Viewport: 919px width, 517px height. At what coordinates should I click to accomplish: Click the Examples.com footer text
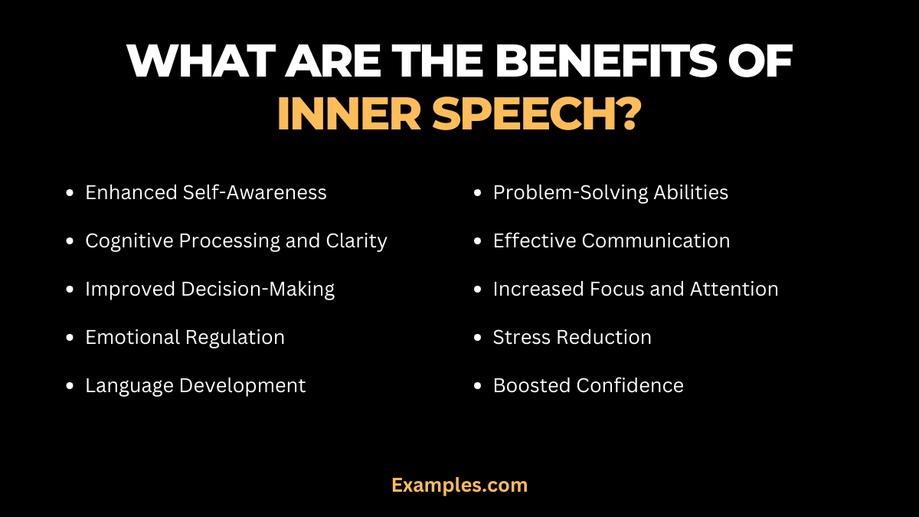click(x=459, y=485)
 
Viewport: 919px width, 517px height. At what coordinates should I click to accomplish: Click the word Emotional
click(x=131, y=337)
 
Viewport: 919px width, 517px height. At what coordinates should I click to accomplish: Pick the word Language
click(x=129, y=385)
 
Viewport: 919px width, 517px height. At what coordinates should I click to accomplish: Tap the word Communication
click(x=656, y=241)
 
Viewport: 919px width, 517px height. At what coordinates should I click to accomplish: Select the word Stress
click(x=518, y=337)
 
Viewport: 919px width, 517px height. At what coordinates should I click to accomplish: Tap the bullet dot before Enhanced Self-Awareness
click(x=70, y=193)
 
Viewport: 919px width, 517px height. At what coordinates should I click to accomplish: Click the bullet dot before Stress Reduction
click(x=478, y=338)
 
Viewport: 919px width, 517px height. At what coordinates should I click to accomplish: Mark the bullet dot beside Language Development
click(x=70, y=386)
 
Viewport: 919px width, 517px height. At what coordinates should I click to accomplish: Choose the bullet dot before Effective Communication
click(x=478, y=241)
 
